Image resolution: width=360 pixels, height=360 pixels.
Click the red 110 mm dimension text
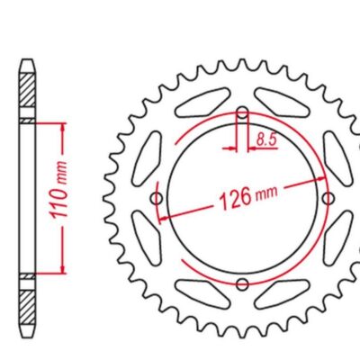(59, 190)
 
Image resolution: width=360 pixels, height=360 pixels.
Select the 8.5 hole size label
(265, 139)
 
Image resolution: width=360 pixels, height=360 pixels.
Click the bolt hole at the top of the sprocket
(242, 113)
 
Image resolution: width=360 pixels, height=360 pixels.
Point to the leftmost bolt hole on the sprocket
(157, 198)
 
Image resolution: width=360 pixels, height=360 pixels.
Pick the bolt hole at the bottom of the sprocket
(242, 284)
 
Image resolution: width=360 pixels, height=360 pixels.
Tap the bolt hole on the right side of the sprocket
(328, 198)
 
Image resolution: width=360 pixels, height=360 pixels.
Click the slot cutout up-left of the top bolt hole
(203, 103)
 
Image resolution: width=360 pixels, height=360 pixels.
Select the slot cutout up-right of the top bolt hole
(282, 103)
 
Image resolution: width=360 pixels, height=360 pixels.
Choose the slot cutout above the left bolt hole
(147, 158)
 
